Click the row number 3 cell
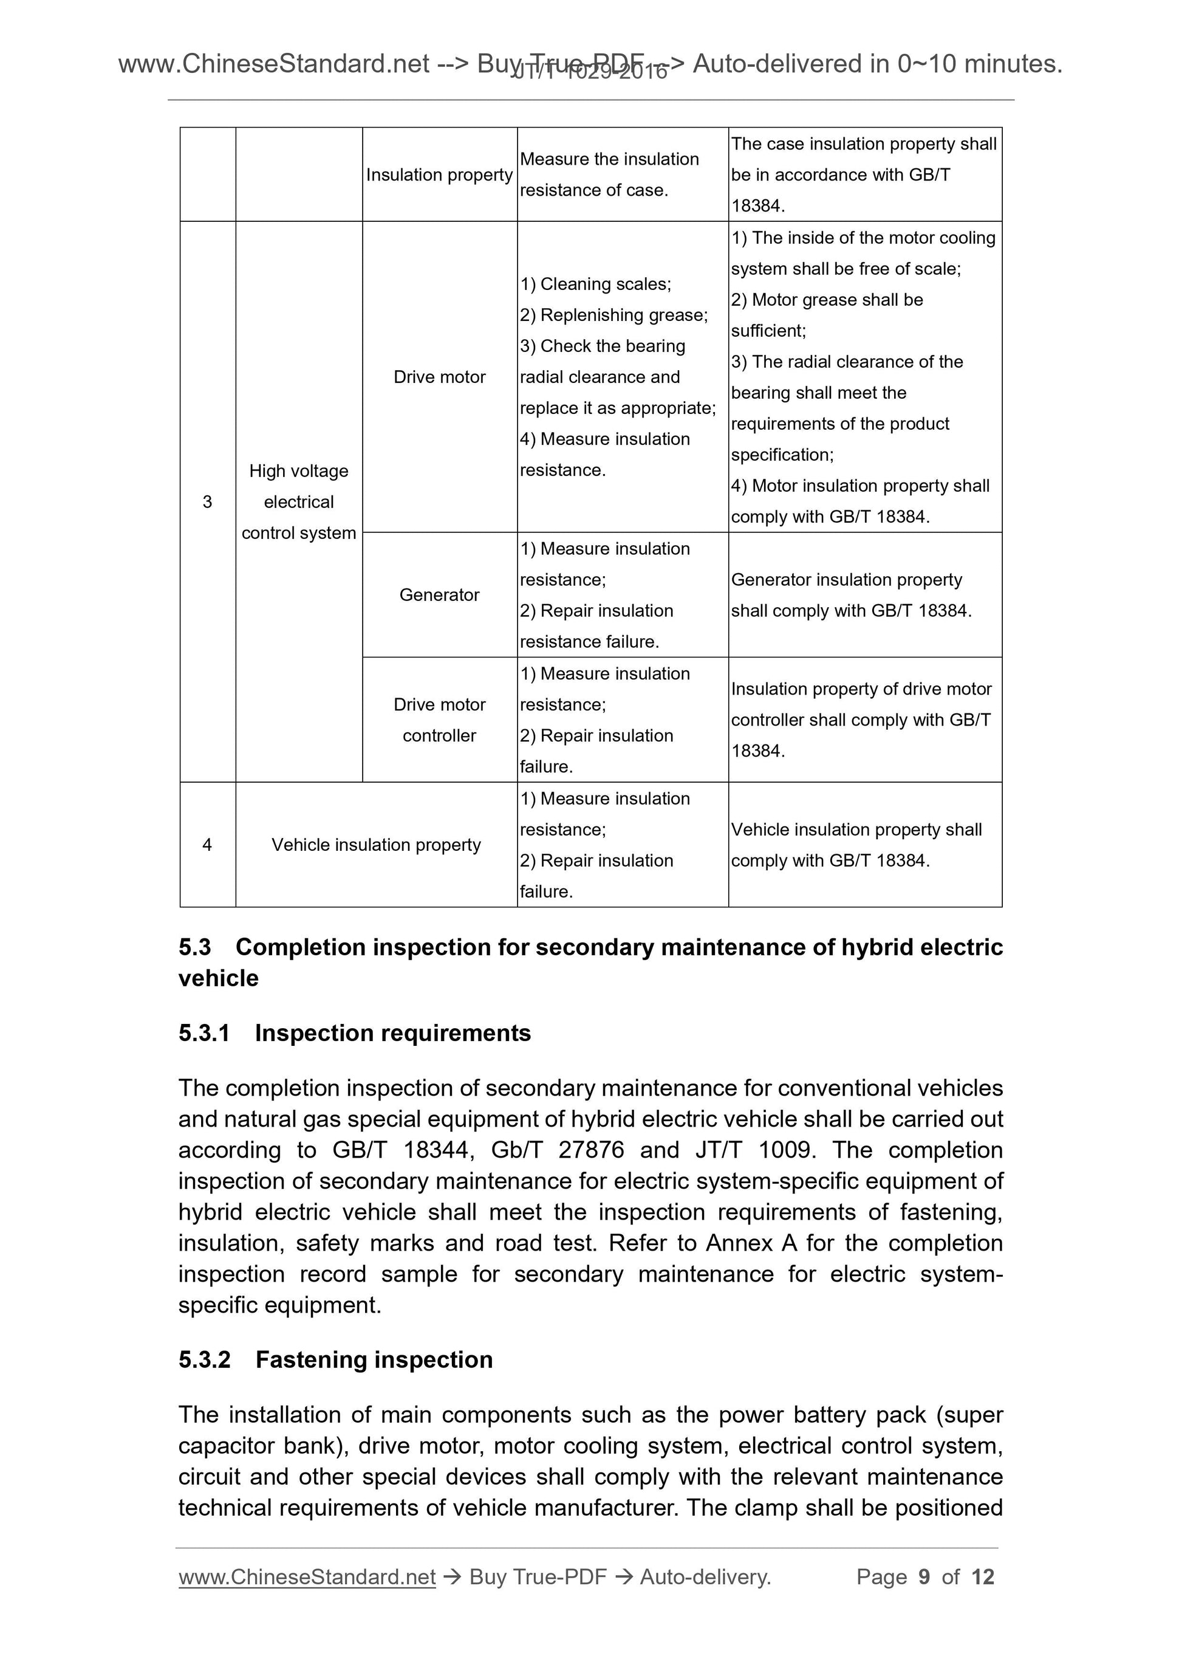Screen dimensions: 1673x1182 click(x=208, y=501)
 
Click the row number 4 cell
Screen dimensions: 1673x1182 click(x=208, y=845)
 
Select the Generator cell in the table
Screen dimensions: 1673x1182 click(x=439, y=594)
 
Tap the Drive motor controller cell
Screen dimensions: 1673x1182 click(x=439, y=720)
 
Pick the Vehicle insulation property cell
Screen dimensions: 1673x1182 click(x=376, y=845)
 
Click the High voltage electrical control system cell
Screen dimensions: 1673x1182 click(x=299, y=501)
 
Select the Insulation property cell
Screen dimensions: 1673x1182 click(x=439, y=175)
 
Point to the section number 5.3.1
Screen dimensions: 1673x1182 click(x=204, y=1033)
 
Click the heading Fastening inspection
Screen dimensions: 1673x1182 click(x=374, y=1359)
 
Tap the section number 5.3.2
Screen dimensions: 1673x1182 click(x=205, y=1359)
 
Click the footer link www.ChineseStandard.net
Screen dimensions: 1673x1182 click(x=307, y=1577)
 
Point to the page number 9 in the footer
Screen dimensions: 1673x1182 click(x=924, y=1577)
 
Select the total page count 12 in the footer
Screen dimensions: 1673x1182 click(x=982, y=1577)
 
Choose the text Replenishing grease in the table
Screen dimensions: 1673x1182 click(x=623, y=315)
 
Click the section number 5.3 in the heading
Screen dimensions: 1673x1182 click(x=194, y=947)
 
